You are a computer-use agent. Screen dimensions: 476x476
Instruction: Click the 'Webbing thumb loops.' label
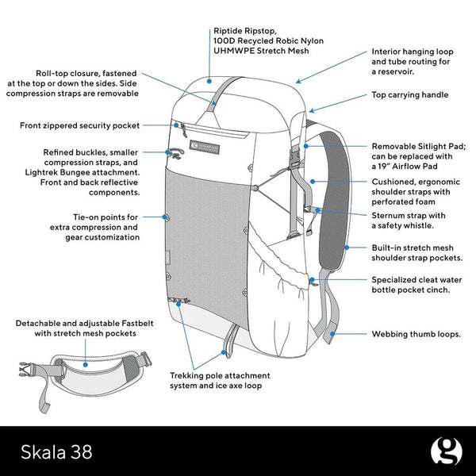tap(416, 334)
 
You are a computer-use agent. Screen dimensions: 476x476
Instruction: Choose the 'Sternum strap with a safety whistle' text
tap(408, 220)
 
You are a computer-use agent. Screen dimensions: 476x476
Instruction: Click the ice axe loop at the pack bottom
tap(229, 340)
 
